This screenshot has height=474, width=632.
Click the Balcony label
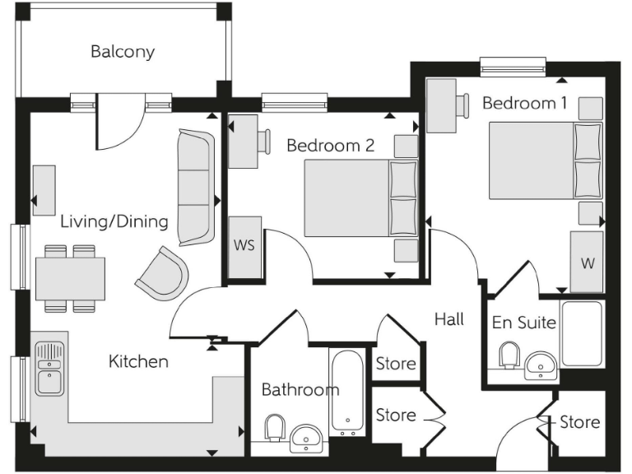(123, 52)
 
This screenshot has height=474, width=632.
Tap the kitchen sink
(49, 371)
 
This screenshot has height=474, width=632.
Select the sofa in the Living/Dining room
(195, 188)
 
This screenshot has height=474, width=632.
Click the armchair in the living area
(161, 275)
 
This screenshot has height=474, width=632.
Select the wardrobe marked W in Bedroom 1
(587, 262)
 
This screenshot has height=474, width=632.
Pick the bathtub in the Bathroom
(346, 393)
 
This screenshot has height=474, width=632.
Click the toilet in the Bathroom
(275, 428)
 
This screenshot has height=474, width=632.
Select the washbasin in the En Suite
(541, 363)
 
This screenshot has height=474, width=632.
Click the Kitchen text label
(138, 361)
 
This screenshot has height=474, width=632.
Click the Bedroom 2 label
(330, 146)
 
